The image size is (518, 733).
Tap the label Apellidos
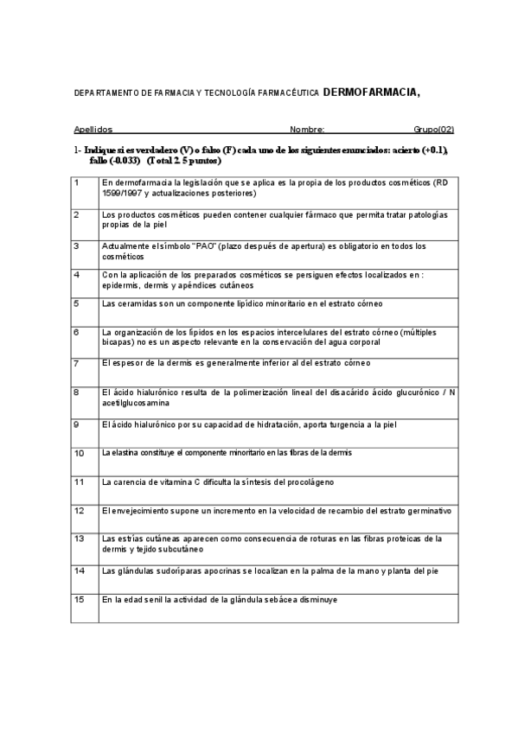click(x=93, y=130)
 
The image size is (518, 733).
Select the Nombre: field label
click(x=308, y=130)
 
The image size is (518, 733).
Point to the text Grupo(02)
click(x=433, y=130)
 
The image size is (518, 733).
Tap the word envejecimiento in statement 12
click(x=138, y=511)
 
